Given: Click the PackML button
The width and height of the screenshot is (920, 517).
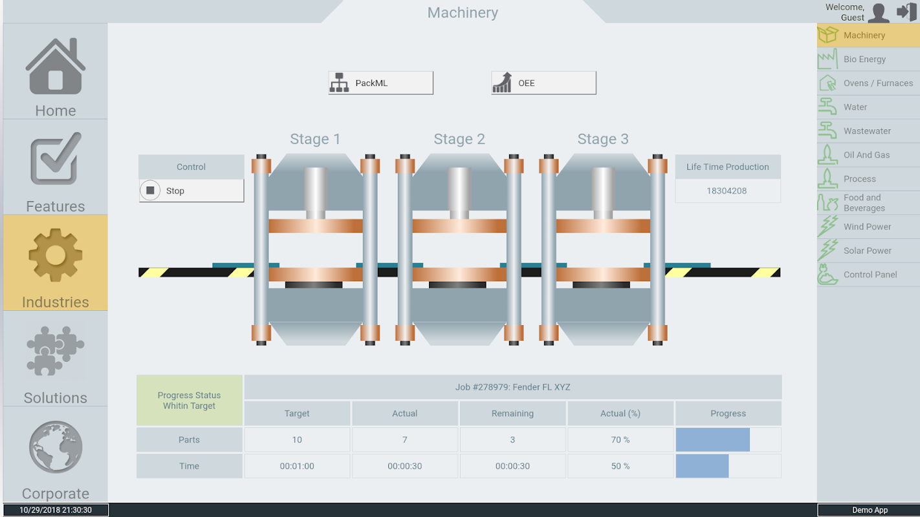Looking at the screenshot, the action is click(x=380, y=83).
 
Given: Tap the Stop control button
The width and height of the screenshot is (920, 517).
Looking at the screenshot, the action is click(x=192, y=191).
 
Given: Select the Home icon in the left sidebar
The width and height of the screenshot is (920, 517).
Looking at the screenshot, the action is click(x=56, y=67).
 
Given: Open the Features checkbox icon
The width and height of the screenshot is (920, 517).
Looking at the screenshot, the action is click(x=56, y=158).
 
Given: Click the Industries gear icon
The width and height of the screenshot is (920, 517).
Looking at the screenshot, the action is click(x=56, y=255).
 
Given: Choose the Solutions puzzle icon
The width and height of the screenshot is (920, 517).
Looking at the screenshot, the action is click(x=56, y=351).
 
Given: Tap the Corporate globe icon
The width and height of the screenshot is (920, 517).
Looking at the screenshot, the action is click(x=56, y=447).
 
